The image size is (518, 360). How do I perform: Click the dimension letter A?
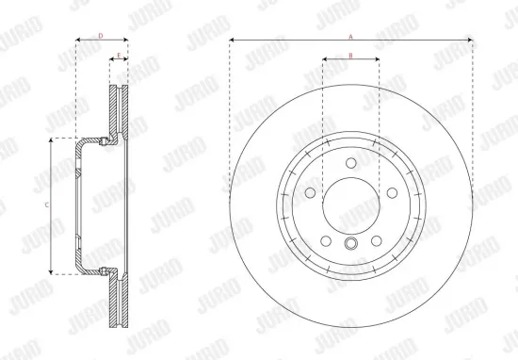[350, 35]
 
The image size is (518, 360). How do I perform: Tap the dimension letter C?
[46, 204]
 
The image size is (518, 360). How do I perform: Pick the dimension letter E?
[118, 55]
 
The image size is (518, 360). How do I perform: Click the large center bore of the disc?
[350, 204]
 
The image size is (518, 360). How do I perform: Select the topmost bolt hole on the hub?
[350, 163]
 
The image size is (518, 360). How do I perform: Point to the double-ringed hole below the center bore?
[350, 245]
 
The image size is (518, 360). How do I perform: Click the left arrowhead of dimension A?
[232, 41]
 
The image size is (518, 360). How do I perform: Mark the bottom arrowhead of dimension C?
[52, 271]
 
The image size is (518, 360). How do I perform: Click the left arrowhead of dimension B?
[325, 60]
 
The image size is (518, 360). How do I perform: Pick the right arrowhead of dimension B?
[377, 60]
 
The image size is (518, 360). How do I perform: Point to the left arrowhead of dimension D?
[76, 41]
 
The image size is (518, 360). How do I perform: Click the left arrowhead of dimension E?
[111, 60]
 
